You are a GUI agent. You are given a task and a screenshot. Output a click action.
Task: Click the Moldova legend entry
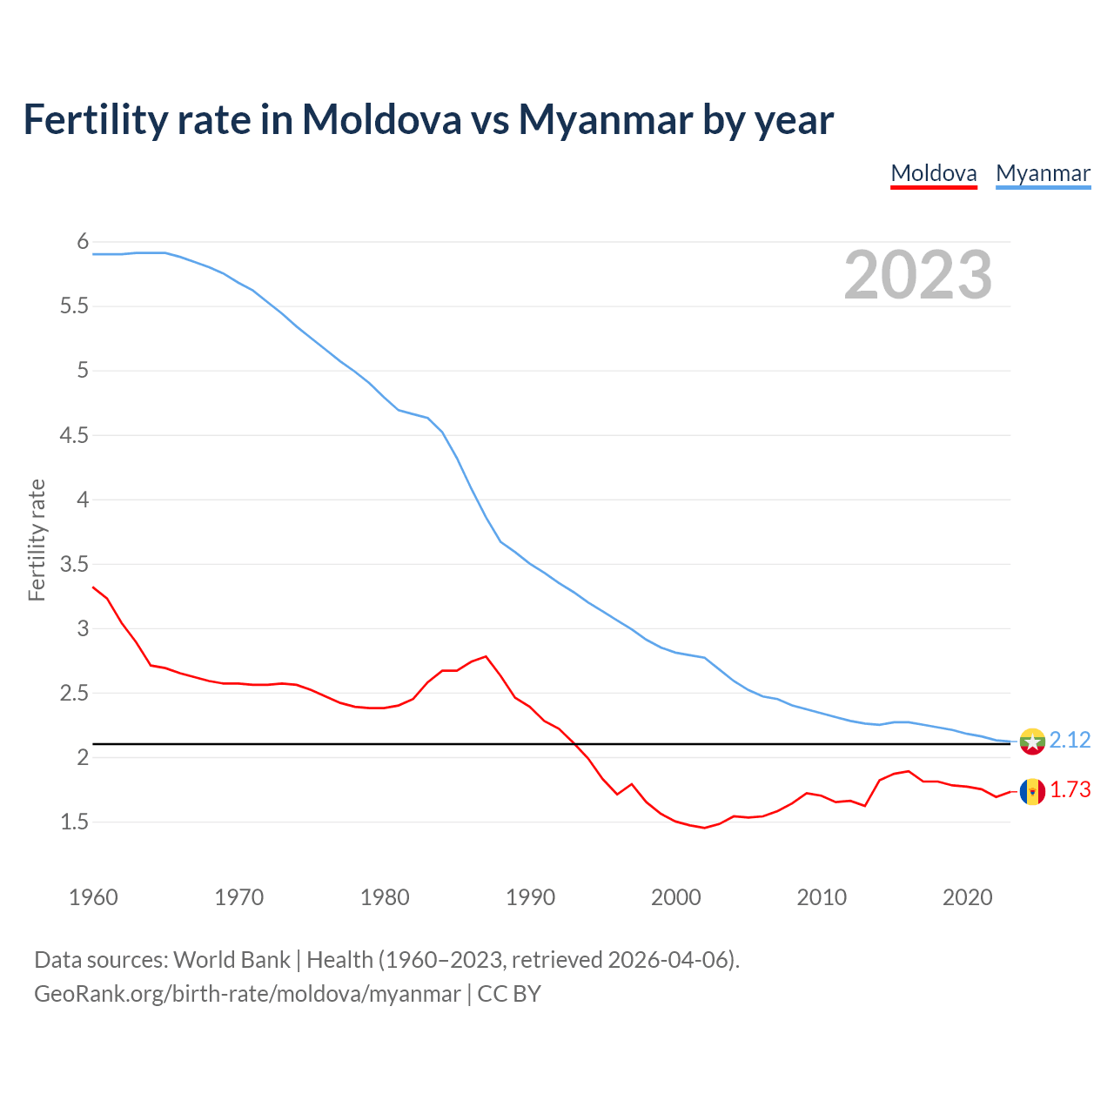(x=934, y=173)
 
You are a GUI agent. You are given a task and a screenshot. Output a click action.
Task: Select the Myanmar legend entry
(x=1043, y=173)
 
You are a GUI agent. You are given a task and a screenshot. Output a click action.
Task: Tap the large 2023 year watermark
(x=918, y=275)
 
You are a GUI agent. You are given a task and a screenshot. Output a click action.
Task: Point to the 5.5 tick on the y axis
(x=74, y=306)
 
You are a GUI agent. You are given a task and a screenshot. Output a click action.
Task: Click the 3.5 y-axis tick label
(x=74, y=564)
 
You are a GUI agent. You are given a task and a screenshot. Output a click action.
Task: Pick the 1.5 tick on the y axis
(x=74, y=822)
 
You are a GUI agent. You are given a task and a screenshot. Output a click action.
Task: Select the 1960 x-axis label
(x=93, y=897)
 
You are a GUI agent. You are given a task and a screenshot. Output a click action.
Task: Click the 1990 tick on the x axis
(x=530, y=897)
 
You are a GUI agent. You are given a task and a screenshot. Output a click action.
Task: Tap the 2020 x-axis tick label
(x=967, y=897)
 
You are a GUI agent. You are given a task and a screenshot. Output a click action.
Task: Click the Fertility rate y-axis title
(x=37, y=540)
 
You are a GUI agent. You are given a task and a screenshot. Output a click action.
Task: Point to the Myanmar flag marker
(x=1032, y=741)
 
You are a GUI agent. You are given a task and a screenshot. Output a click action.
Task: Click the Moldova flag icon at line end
(x=1032, y=791)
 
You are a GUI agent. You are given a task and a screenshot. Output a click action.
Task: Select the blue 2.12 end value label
(x=1070, y=740)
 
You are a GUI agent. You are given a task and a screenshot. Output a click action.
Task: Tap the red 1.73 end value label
(x=1070, y=789)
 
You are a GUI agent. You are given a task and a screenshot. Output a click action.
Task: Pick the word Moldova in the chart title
(x=381, y=119)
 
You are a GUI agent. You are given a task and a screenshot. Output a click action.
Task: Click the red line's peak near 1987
(x=486, y=656)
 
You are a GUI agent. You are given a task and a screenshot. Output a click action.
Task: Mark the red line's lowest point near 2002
(x=704, y=828)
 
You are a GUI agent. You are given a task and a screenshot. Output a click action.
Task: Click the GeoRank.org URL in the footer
(x=247, y=993)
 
